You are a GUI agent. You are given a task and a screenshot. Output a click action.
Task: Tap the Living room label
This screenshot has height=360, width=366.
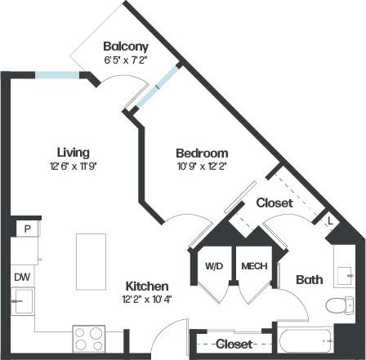click(73, 152)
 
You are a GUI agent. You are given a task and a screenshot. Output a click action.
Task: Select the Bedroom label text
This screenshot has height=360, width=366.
click(202, 153)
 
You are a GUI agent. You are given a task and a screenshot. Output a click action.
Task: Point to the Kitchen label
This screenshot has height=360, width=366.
click(147, 287)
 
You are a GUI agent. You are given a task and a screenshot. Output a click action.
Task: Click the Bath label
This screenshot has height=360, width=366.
click(309, 280)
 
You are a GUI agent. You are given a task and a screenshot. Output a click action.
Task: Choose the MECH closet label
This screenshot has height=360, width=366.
click(250, 266)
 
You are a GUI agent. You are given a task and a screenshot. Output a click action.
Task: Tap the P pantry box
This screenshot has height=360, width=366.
click(27, 229)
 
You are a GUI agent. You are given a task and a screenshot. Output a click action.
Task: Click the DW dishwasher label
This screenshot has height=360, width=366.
click(21, 277)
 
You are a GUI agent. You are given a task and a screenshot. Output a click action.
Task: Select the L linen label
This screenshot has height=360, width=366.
click(330, 220)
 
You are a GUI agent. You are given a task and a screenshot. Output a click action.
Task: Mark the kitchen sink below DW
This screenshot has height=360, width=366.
click(23, 303)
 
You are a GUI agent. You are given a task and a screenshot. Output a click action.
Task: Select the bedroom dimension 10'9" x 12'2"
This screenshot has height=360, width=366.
click(202, 166)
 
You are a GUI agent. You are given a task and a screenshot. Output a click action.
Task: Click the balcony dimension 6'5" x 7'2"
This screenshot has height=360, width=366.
click(125, 60)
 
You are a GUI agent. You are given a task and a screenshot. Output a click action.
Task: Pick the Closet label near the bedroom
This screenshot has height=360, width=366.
click(275, 202)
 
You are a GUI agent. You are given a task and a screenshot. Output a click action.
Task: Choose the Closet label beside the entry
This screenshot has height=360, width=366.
click(233, 344)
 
